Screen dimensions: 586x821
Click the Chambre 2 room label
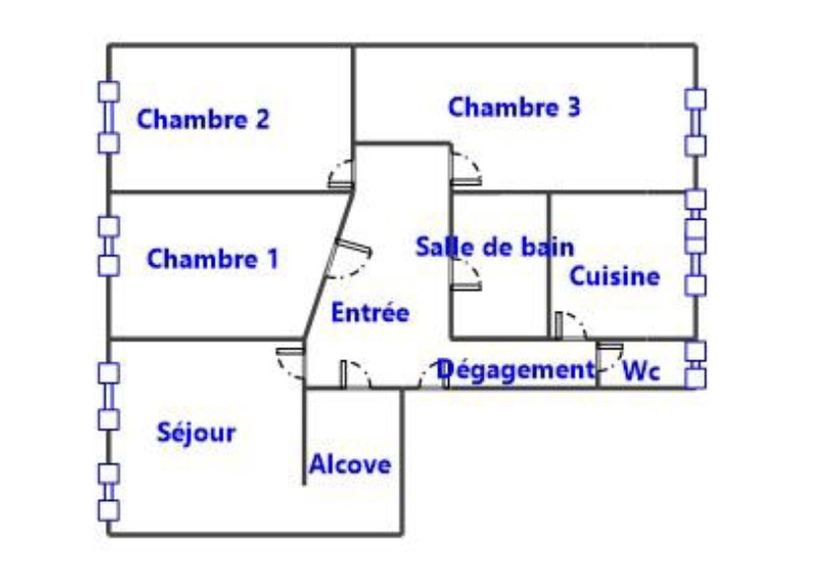pyautogui.click(x=203, y=120)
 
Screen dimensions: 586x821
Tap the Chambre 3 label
pyautogui.click(x=513, y=107)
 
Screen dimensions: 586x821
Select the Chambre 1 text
pyautogui.click(x=213, y=259)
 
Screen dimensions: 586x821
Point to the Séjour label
pyautogui.click(x=196, y=433)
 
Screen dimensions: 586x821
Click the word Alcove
pyautogui.click(x=349, y=464)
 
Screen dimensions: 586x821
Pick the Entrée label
pyautogui.click(x=369, y=313)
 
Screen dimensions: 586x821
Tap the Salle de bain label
pyautogui.click(x=494, y=246)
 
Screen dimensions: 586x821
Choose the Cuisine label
pyautogui.click(x=613, y=276)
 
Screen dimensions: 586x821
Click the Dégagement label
pyautogui.click(x=515, y=370)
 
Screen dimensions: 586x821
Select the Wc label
pyautogui.click(x=640, y=372)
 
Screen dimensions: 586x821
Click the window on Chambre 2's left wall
pyautogui.click(x=108, y=118)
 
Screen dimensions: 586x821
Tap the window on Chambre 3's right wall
pyautogui.click(x=696, y=122)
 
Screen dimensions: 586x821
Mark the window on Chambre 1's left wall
pyautogui.click(x=108, y=245)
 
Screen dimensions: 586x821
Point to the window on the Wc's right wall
pyautogui.click(x=696, y=363)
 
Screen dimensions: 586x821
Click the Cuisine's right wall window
pyautogui.click(x=696, y=243)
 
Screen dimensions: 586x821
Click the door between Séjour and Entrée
pyautogui.click(x=291, y=362)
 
